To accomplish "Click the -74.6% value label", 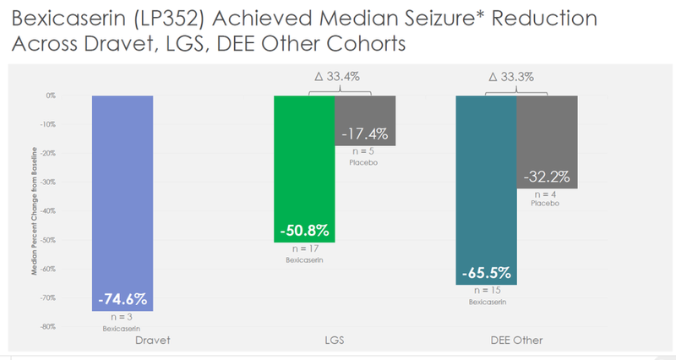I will (123, 298).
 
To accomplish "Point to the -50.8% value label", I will (304, 230).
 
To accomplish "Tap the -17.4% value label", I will (365, 134).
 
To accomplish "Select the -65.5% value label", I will (486, 273).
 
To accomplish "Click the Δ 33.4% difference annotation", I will (335, 77).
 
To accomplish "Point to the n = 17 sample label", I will (303, 249).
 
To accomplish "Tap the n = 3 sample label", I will (123, 317).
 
